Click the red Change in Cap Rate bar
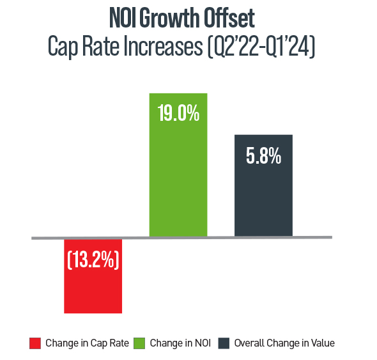pyautogui.click(x=93, y=288)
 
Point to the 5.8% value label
pyautogui.click(x=263, y=157)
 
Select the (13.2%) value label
pyautogui.click(x=93, y=261)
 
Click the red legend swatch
pyautogui.click(x=35, y=343)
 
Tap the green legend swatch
pyautogui.click(x=139, y=343)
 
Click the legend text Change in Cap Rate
pyautogui.click(x=87, y=343)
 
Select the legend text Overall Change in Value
pyautogui.click(x=284, y=343)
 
